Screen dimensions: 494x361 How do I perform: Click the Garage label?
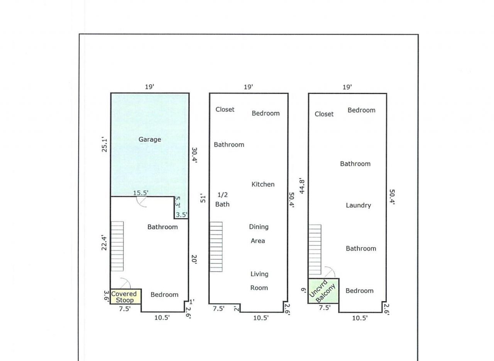coord(150,140)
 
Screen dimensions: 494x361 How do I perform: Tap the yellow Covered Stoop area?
coord(126,296)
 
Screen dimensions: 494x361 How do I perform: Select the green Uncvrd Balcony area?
coord(323,291)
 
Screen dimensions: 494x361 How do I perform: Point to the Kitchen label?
coord(263,184)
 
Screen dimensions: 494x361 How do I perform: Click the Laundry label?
coord(359,206)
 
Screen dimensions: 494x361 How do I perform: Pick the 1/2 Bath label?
coord(222,199)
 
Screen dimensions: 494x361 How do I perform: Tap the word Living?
coord(259,274)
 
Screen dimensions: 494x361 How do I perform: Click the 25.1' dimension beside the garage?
coord(104,145)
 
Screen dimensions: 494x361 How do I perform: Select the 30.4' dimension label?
coord(194,155)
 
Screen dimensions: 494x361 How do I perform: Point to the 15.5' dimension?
coord(141,193)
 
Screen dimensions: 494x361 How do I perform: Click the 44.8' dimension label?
coord(302,187)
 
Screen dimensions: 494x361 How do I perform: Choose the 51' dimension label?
coord(203,199)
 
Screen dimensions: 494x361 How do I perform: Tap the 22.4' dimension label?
coord(104,243)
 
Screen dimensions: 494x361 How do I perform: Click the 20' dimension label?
coord(194,259)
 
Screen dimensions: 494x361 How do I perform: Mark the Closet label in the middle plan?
coord(225,109)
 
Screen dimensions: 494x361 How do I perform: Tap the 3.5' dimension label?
coord(181,215)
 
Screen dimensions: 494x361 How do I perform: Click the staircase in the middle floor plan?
coord(216,247)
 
